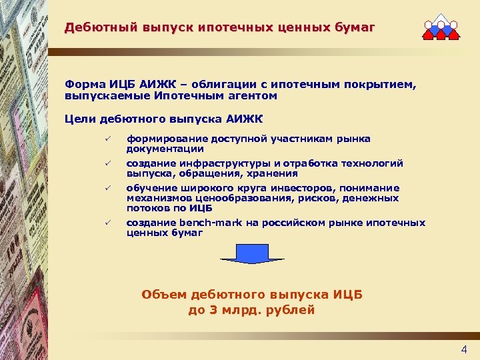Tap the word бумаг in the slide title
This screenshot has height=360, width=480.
(x=356, y=28)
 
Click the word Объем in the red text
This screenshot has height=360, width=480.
(x=164, y=294)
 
